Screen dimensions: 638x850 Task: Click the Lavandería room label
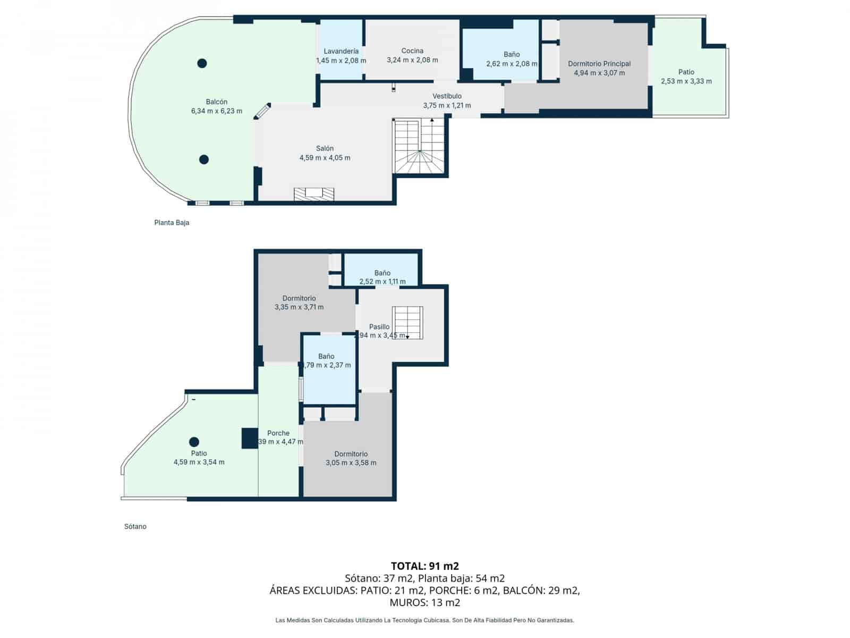pos(341,52)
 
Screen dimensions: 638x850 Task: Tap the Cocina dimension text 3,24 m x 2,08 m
pos(412,60)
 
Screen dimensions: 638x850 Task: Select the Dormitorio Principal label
pos(599,64)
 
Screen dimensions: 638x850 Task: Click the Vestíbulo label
pos(447,96)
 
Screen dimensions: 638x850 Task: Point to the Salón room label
pos(325,148)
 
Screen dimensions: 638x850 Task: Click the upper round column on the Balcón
pos(202,63)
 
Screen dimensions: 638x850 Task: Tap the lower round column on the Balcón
pos(203,159)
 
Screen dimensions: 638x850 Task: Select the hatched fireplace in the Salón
pos(314,194)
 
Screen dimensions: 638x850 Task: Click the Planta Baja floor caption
pos(172,223)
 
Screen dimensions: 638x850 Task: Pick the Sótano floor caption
pos(135,526)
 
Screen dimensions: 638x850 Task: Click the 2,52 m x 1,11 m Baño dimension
pos(382,282)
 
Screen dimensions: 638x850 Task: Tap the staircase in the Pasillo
pos(407,322)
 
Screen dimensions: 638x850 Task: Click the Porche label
pos(278,433)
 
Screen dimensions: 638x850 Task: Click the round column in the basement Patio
pos(194,441)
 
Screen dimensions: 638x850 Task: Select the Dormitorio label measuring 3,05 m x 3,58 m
pos(351,454)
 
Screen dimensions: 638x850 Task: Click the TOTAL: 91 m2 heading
pos(424,566)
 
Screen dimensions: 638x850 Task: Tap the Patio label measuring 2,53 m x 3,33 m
pos(686,72)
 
